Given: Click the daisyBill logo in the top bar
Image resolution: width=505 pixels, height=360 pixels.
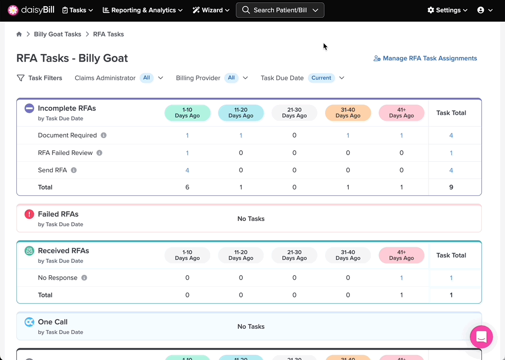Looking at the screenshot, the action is pos(31,10).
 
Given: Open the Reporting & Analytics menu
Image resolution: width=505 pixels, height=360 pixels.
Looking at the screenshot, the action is pos(143,10).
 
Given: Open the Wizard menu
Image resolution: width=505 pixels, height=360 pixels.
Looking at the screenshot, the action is pos(211,10).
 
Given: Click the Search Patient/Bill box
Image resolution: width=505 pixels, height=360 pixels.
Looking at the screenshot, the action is pos(280,10).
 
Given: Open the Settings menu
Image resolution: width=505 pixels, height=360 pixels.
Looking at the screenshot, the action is pos(447,10).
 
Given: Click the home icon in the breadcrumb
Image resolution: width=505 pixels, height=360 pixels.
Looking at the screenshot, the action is pos(19,34).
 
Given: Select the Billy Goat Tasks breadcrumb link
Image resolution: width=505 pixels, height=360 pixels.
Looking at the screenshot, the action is pos(58,34).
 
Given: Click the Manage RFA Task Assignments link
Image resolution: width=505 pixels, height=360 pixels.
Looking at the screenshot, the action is pos(425,58).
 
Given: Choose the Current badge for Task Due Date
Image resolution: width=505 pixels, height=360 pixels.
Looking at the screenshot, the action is pos(321,78).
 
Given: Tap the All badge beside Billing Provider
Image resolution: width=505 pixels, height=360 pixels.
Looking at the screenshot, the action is pos(231,78).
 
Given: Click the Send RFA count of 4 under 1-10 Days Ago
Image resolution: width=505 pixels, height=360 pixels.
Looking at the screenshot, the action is pos(187,170).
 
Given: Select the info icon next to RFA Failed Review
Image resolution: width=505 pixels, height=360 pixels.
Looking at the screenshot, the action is pos(100,153).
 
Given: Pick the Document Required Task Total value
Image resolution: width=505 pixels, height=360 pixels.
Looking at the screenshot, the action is pos(451,135).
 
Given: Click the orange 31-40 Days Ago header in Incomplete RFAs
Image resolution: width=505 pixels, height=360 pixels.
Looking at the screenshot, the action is pos(348,113).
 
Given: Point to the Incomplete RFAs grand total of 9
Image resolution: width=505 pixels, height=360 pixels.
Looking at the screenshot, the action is pos(451,187).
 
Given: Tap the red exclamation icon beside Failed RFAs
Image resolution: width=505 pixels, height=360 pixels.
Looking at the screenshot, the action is pos(29,214).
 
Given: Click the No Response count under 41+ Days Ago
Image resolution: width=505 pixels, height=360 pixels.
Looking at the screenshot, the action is pos(401,278).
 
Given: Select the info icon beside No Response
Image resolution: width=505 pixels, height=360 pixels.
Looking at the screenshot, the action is pos(84,278).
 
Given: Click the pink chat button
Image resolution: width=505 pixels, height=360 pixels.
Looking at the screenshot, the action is pos(481,337).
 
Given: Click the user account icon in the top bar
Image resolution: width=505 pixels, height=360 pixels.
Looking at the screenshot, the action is pos(480,10).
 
